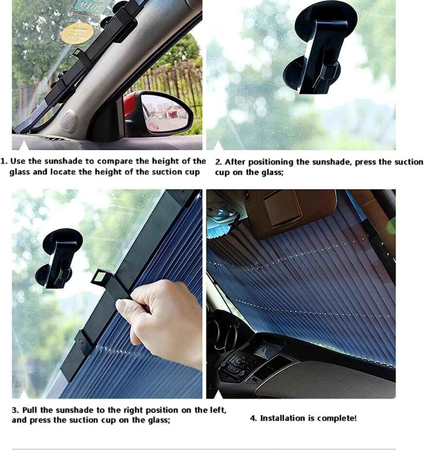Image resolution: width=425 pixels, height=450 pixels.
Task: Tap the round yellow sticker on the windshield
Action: [x=77, y=33]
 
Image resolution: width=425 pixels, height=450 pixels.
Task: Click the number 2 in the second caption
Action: [x=218, y=162]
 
